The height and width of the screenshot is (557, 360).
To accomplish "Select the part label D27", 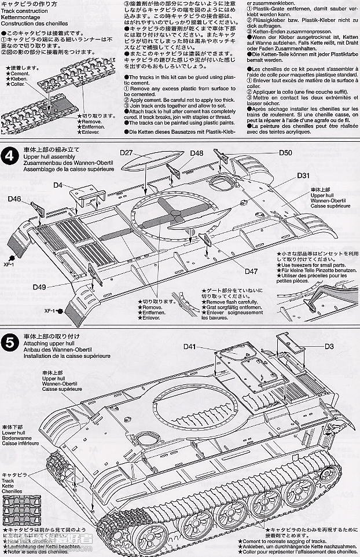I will (x=127, y=153).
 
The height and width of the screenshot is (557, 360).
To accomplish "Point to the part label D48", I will (x=196, y=153).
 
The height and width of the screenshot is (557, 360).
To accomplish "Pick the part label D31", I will (x=304, y=176).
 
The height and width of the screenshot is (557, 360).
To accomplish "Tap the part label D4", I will (x=58, y=185).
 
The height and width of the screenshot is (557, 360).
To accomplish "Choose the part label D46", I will (x=15, y=199).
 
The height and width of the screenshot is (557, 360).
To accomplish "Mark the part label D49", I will (x=39, y=287).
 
